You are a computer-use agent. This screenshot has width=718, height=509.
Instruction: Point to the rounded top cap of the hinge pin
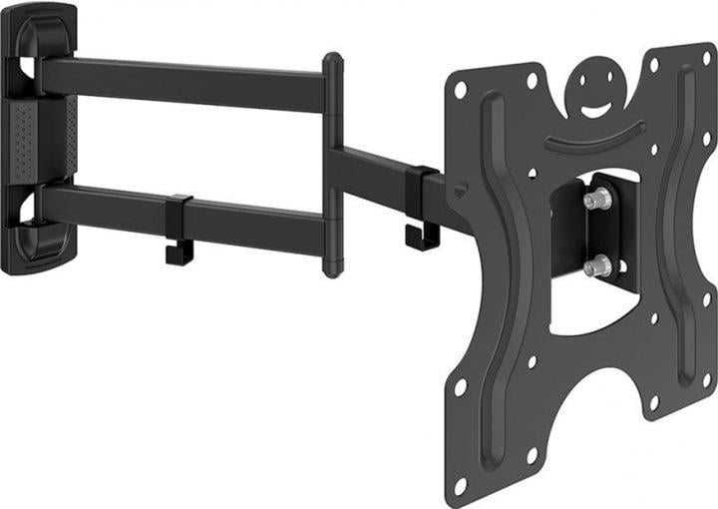[332, 61]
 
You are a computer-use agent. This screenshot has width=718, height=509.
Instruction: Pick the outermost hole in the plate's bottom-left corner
[461, 485]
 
